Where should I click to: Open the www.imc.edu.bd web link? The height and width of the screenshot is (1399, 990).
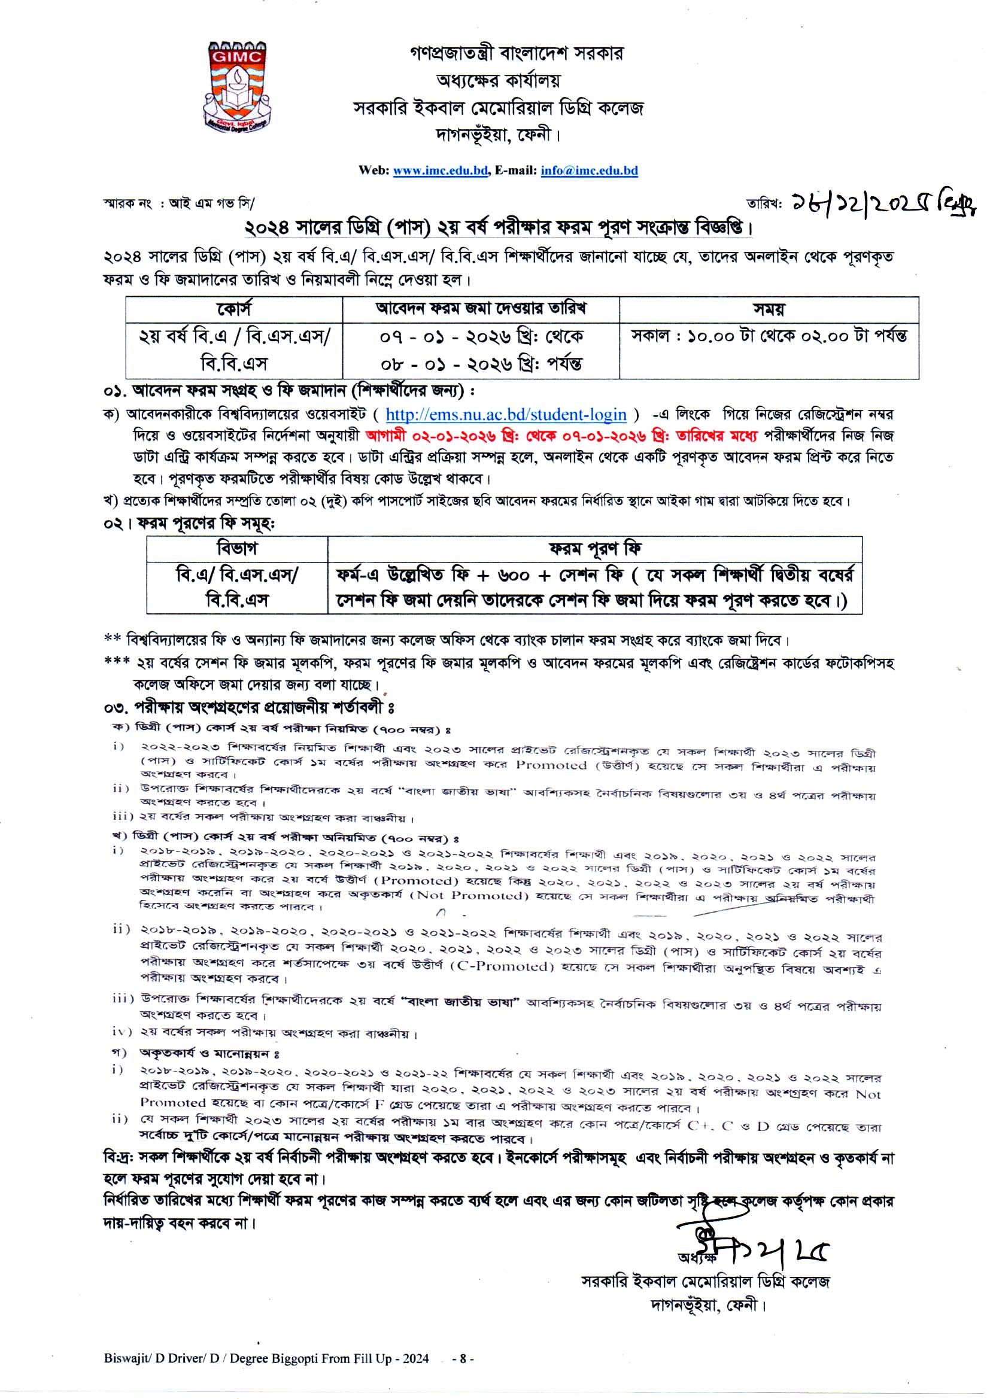click(x=440, y=171)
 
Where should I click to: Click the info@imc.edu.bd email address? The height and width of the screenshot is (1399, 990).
click(x=589, y=171)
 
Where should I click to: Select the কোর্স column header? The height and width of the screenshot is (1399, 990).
click(x=234, y=309)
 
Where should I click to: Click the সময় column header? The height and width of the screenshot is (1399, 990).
click(x=769, y=309)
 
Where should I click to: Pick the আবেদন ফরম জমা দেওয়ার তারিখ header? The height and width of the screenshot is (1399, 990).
click(x=481, y=309)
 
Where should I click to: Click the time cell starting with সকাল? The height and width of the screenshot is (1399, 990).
click(x=769, y=336)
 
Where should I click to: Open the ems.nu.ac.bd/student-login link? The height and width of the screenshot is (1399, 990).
click(x=506, y=415)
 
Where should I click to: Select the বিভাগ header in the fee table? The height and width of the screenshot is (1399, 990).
click(x=236, y=548)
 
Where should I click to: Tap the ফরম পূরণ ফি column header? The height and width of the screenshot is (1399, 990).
click(x=594, y=548)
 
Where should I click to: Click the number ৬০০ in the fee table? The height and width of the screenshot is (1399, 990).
click(x=514, y=574)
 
